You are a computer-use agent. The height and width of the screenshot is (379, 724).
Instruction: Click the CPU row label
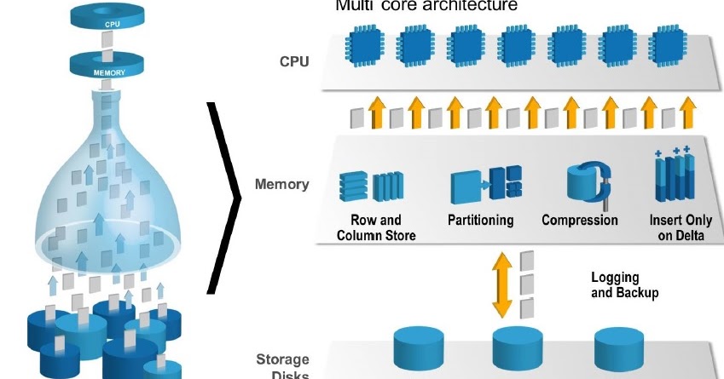pyautogui.click(x=294, y=62)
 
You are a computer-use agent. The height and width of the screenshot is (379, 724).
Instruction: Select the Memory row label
pyautogui.click(x=281, y=184)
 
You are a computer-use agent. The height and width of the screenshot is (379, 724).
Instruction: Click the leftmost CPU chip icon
pyautogui.click(x=365, y=44)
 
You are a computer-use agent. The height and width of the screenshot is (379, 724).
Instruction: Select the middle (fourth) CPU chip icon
pyautogui.click(x=516, y=44)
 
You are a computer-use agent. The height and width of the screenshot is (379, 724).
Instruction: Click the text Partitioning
pyautogui.click(x=480, y=221)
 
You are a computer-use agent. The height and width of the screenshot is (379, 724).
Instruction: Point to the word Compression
pyautogui.click(x=580, y=221)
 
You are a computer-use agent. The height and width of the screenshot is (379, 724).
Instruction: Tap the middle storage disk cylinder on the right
pyautogui.click(x=517, y=347)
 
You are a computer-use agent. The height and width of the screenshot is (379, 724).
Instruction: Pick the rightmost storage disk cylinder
pyautogui.click(x=618, y=347)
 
